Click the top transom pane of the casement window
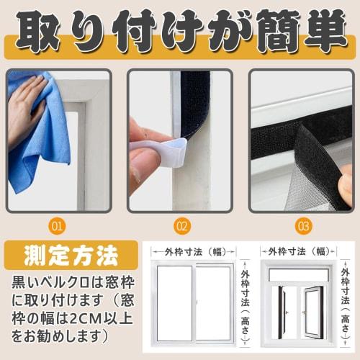[297, 274]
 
